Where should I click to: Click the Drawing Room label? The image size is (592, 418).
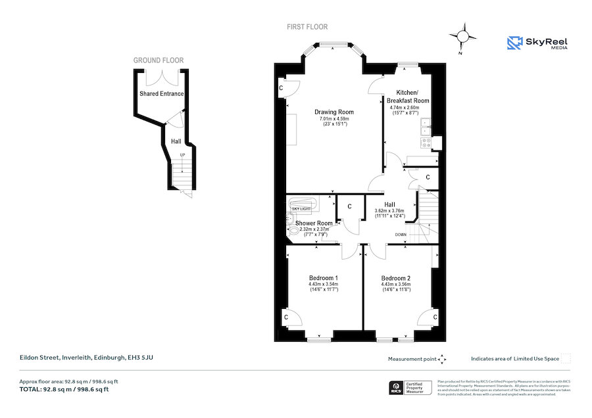pyautogui.click(x=333, y=112)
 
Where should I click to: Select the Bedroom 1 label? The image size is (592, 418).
pyautogui.click(x=324, y=278)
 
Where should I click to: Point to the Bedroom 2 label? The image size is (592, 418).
pyautogui.click(x=395, y=278)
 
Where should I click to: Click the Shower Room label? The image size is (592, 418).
pyautogui.click(x=314, y=223)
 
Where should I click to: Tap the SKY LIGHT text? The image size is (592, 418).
pyautogui.click(x=301, y=208)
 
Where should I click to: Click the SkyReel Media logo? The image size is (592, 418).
pyautogui.click(x=537, y=43)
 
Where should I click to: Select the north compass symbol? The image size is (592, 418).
pyautogui.click(x=464, y=36)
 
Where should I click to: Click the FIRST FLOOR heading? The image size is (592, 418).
pyautogui.click(x=307, y=27)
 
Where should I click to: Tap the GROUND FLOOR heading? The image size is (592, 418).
pyautogui.click(x=159, y=60)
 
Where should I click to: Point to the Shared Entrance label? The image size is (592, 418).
pyautogui.click(x=161, y=94)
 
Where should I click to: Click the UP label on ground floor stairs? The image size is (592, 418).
pyautogui.click(x=182, y=154)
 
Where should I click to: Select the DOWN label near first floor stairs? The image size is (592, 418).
pyautogui.click(x=401, y=234)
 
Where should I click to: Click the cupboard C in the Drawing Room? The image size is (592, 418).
pyautogui.click(x=281, y=87)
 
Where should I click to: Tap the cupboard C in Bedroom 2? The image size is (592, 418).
pyautogui.click(x=435, y=317)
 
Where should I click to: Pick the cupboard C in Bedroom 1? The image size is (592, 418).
pyautogui.click(x=285, y=317)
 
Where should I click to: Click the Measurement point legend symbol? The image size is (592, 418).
pyautogui.click(x=442, y=359)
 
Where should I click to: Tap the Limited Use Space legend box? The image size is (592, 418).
pyautogui.click(x=566, y=358)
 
